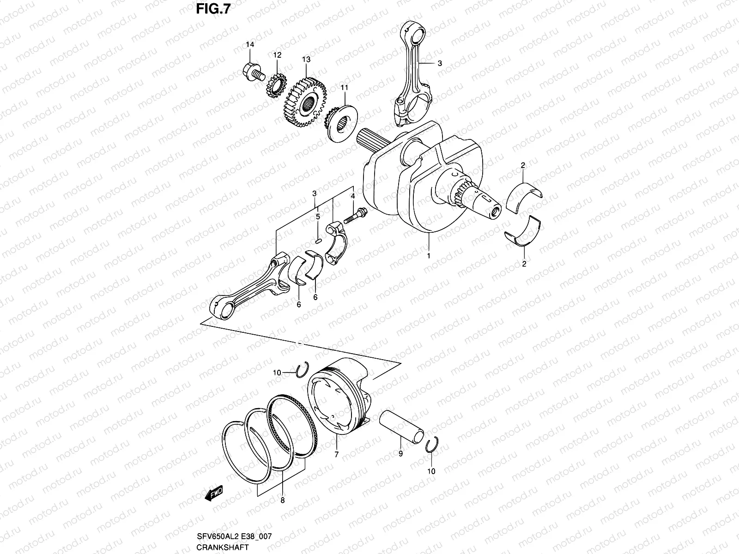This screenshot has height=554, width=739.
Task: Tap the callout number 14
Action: point(250,45)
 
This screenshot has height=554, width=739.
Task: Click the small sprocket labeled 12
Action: point(275,86)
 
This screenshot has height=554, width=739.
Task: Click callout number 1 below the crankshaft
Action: point(429,255)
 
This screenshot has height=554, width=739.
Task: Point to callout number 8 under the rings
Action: point(282,500)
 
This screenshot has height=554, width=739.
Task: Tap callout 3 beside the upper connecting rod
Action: point(439,64)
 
